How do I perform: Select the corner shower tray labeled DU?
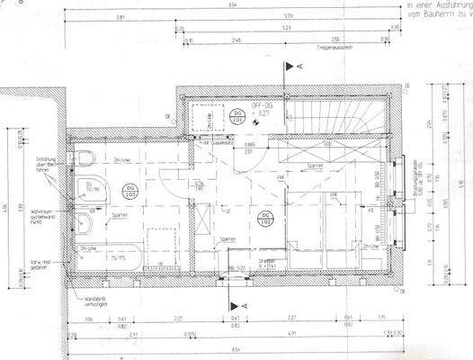pyautogui.click(x=92, y=190)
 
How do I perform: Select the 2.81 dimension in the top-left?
pyautogui.click(x=120, y=17)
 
